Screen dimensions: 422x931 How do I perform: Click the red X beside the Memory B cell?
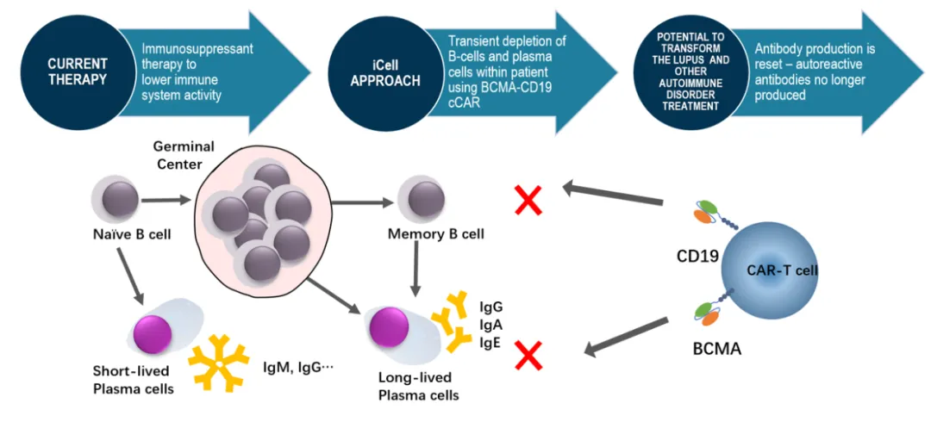[x=529, y=200]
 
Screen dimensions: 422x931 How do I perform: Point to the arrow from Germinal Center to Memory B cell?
[x=360, y=203]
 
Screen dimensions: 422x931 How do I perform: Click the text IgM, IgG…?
[x=297, y=368]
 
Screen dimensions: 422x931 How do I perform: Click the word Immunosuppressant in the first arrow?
[x=197, y=48]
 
